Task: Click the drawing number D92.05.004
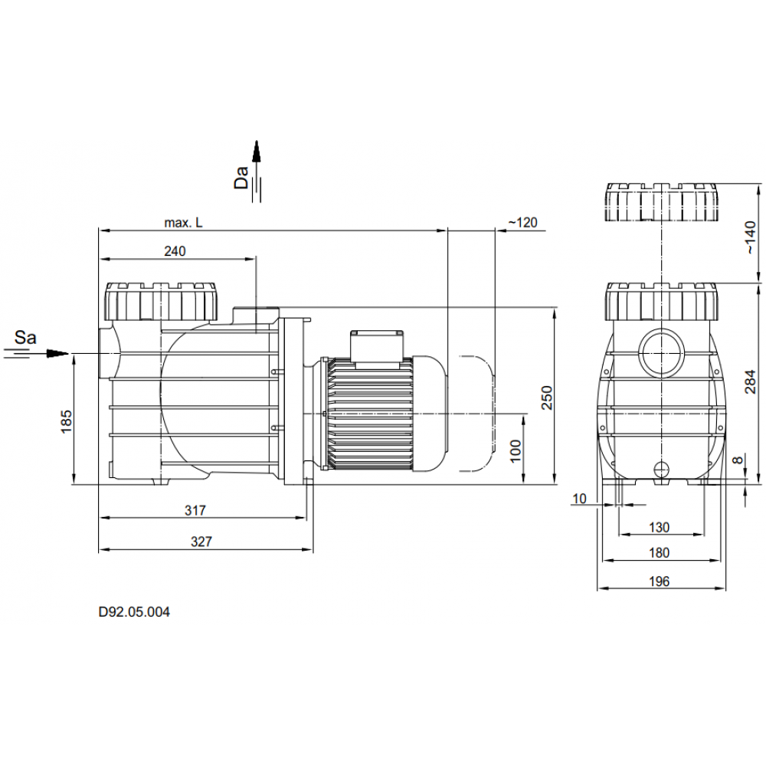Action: (x=134, y=611)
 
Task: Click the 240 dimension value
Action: (x=175, y=251)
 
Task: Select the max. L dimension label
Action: (x=183, y=223)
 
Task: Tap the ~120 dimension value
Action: (x=522, y=223)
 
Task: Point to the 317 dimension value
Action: (x=195, y=510)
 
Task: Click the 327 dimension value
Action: (x=201, y=542)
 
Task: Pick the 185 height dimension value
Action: (x=66, y=421)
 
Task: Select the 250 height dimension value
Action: (x=547, y=398)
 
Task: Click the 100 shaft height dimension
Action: (x=516, y=450)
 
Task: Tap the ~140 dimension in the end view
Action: (x=751, y=237)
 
